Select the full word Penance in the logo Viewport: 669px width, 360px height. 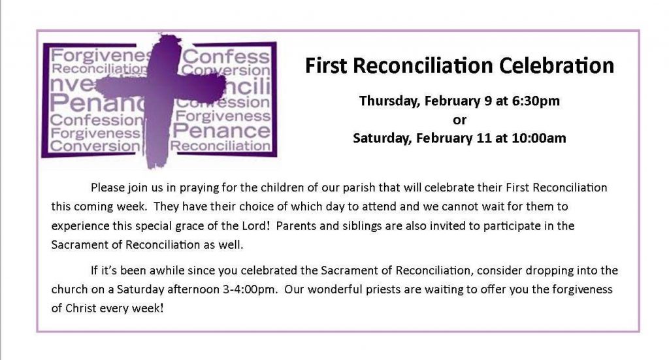point(221,131)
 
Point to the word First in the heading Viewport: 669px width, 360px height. point(326,66)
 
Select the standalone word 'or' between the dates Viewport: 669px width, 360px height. point(459,120)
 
